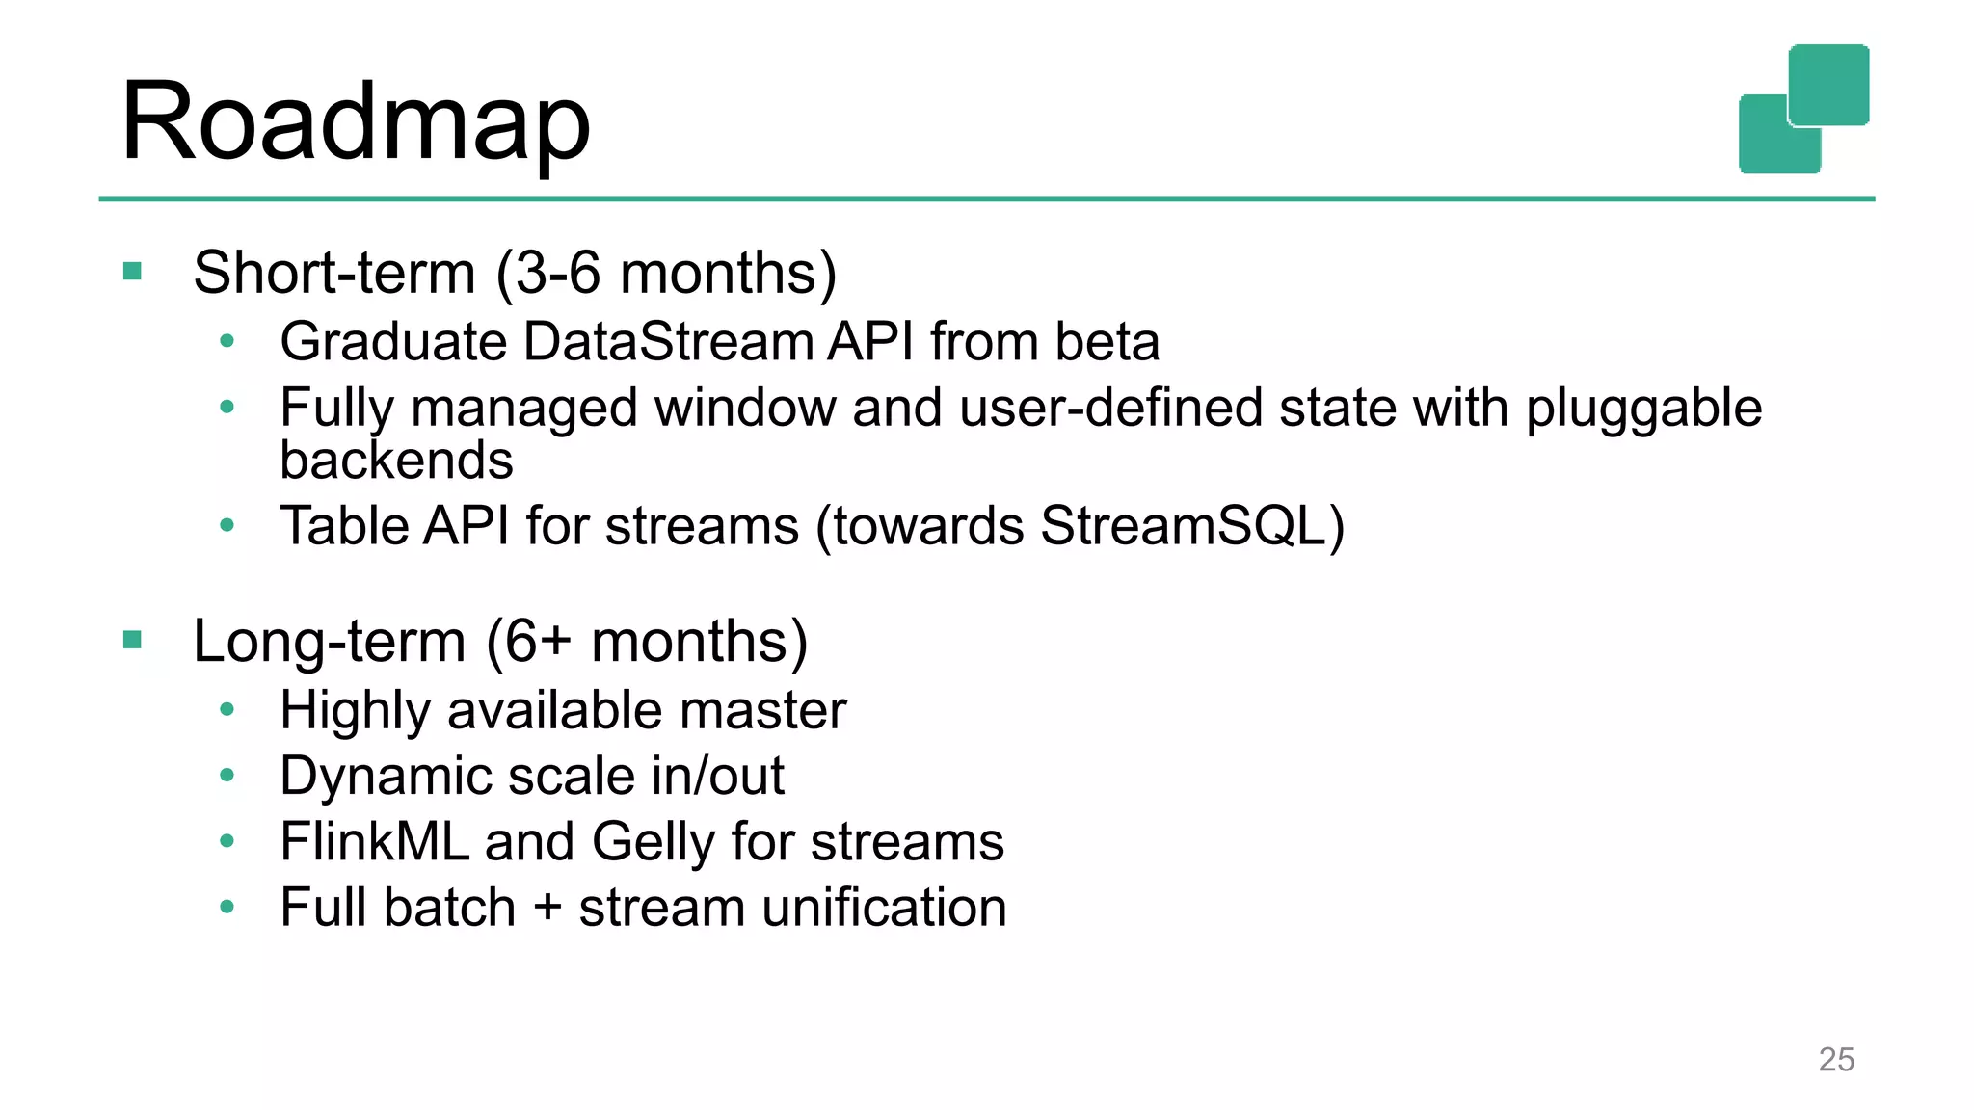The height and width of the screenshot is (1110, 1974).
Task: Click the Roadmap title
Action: tap(355, 122)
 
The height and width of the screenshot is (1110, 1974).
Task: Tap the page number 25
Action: tap(1835, 1060)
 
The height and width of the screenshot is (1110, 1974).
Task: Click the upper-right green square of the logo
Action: tap(1828, 85)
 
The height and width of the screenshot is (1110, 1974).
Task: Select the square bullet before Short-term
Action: tap(133, 272)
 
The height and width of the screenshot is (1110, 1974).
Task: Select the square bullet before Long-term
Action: tap(133, 640)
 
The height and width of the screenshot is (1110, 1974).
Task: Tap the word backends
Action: tap(396, 460)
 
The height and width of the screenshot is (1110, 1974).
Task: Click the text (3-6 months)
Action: tap(666, 273)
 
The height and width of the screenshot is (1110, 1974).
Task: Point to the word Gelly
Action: tap(653, 842)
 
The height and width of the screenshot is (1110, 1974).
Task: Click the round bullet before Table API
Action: tap(227, 525)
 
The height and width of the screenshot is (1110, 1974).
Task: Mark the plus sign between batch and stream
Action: tap(547, 908)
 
